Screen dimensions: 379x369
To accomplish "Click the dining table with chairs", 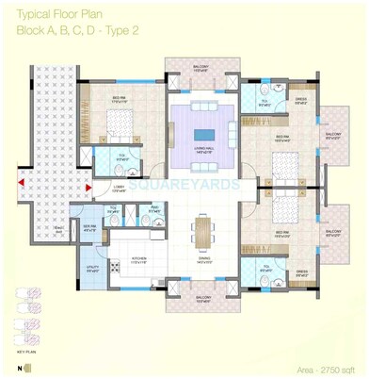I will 201,229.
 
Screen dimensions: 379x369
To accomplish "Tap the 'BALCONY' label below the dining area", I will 201,298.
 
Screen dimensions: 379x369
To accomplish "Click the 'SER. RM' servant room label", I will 90,226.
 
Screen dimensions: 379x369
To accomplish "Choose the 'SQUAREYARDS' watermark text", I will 184,186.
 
